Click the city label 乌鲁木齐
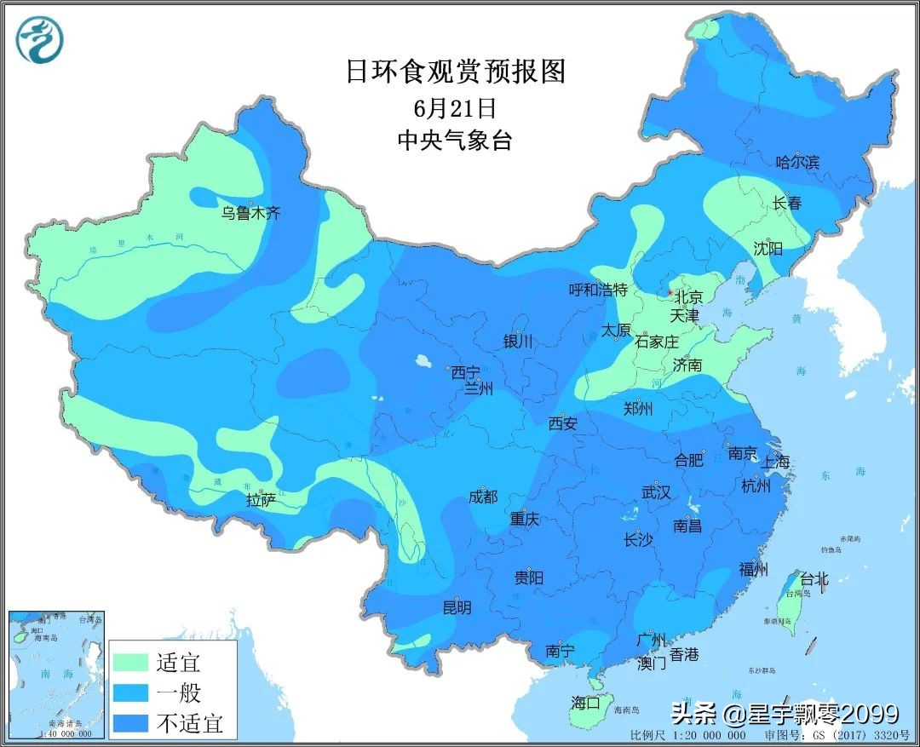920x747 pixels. click(x=250, y=213)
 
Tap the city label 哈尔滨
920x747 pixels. click(x=797, y=162)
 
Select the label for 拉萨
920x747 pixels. click(x=262, y=500)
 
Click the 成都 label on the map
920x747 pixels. click(x=483, y=496)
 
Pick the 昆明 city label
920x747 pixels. click(x=457, y=608)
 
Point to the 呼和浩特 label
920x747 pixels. click(x=598, y=290)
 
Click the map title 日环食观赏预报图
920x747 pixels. click(x=455, y=72)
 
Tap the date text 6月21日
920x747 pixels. click(x=455, y=108)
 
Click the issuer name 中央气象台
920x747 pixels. click(x=455, y=141)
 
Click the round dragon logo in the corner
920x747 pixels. click(x=40, y=40)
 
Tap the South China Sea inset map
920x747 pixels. click(x=56, y=673)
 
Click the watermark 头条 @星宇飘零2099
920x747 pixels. click(x=785, y=712)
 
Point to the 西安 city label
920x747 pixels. click(x=563, y=422)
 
